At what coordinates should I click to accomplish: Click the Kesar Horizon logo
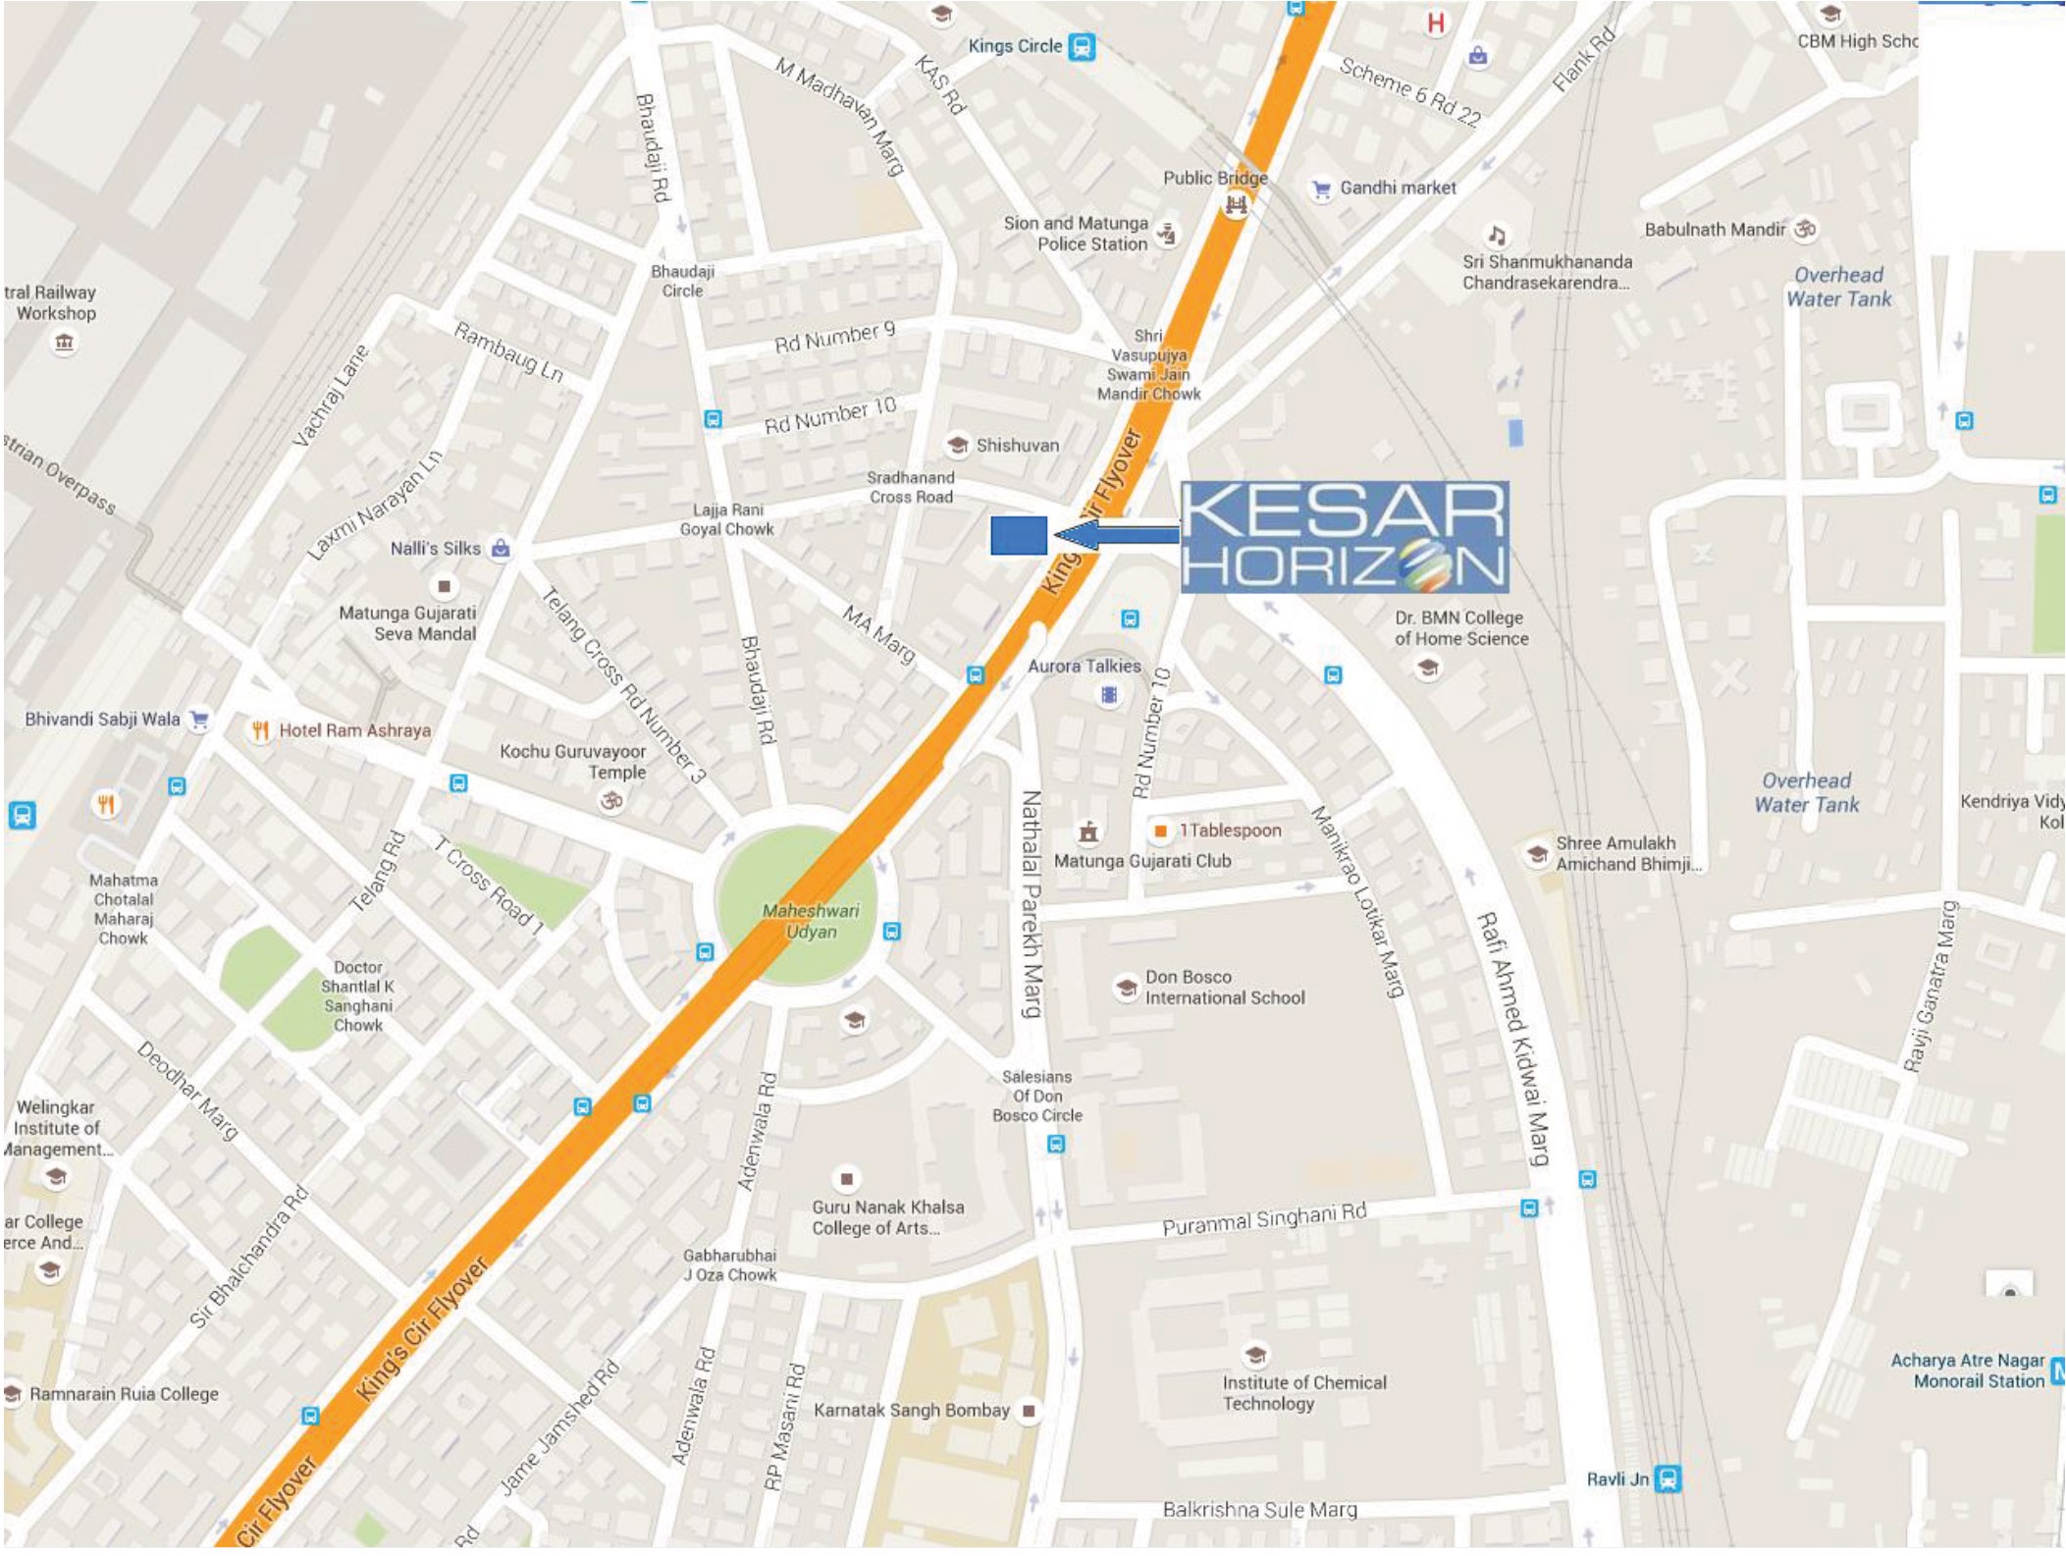(x=1344, y=536)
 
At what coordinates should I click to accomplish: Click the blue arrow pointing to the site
(x=1115, y=535)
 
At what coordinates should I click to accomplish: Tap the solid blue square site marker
(x=1019, y=535)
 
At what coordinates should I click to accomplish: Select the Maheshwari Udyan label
(x=810, y=921)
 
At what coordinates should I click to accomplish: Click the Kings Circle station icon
(x=1082, y=46)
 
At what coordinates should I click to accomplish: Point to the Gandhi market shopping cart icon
(x=1322, y=188)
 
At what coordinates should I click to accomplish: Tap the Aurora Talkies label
(x=1084, y=666)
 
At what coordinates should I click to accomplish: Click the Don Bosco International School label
(x=1224, y=987)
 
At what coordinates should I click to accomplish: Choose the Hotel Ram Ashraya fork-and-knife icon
(x=260, y=729)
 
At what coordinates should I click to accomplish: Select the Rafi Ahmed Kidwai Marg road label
(x=1512, y=1037)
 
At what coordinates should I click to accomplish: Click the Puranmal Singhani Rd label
(x=1263, y=1218)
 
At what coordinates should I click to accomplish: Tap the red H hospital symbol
(x=1436, y=23)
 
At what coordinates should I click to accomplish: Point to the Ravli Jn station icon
(x=1668, y=1478)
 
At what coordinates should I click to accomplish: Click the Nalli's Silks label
(x=435, y=548)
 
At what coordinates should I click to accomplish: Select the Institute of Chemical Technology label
(x=1303, y=1392)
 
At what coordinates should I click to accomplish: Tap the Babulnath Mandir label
(x=1715, y=230)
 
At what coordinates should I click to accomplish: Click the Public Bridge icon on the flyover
(x=1235, y=205)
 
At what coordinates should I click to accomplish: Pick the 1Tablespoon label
(x=1230, y=831)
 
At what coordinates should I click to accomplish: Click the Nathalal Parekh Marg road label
(x=1031, y=903)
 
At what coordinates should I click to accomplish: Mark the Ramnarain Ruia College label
(x=124, y=1393)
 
